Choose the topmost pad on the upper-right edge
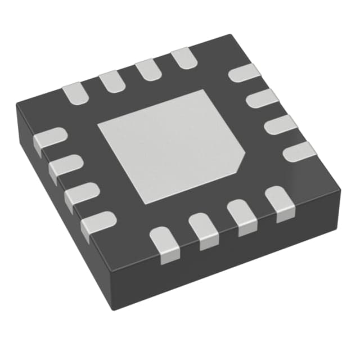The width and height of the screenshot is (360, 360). pyautogui.click(x=246, y=73)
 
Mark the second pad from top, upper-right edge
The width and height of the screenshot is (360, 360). pyautogui.click(x=263, y=100)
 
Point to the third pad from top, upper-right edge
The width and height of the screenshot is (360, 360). pyautogui.click(x=280, y=125)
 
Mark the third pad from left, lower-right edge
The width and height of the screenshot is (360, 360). pyautogui.click(x=242, y=216)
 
